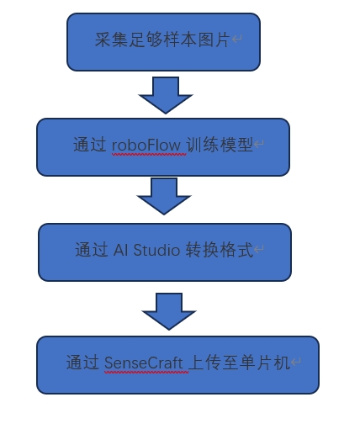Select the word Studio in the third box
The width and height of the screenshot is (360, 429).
156,249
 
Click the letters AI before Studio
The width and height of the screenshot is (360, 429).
120,250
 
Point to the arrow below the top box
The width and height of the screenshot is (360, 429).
166,95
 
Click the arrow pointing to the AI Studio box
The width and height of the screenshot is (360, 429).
164,196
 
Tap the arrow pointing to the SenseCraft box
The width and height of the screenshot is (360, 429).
169,311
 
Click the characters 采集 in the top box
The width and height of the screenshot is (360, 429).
112,40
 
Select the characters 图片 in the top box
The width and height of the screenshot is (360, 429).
214,40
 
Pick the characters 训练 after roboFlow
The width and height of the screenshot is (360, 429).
203,145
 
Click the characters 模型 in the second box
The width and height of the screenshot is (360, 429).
236,145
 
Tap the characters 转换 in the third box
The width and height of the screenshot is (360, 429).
202,250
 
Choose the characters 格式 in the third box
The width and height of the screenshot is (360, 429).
236,250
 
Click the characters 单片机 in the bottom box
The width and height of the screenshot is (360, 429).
265,363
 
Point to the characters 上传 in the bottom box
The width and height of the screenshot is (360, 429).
205,363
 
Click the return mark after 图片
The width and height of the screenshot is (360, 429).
237,39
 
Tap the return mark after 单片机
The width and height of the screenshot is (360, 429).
296,362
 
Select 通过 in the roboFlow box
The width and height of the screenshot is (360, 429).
90,145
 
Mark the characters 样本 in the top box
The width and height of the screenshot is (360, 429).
180,40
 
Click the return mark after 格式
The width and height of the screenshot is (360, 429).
259,249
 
